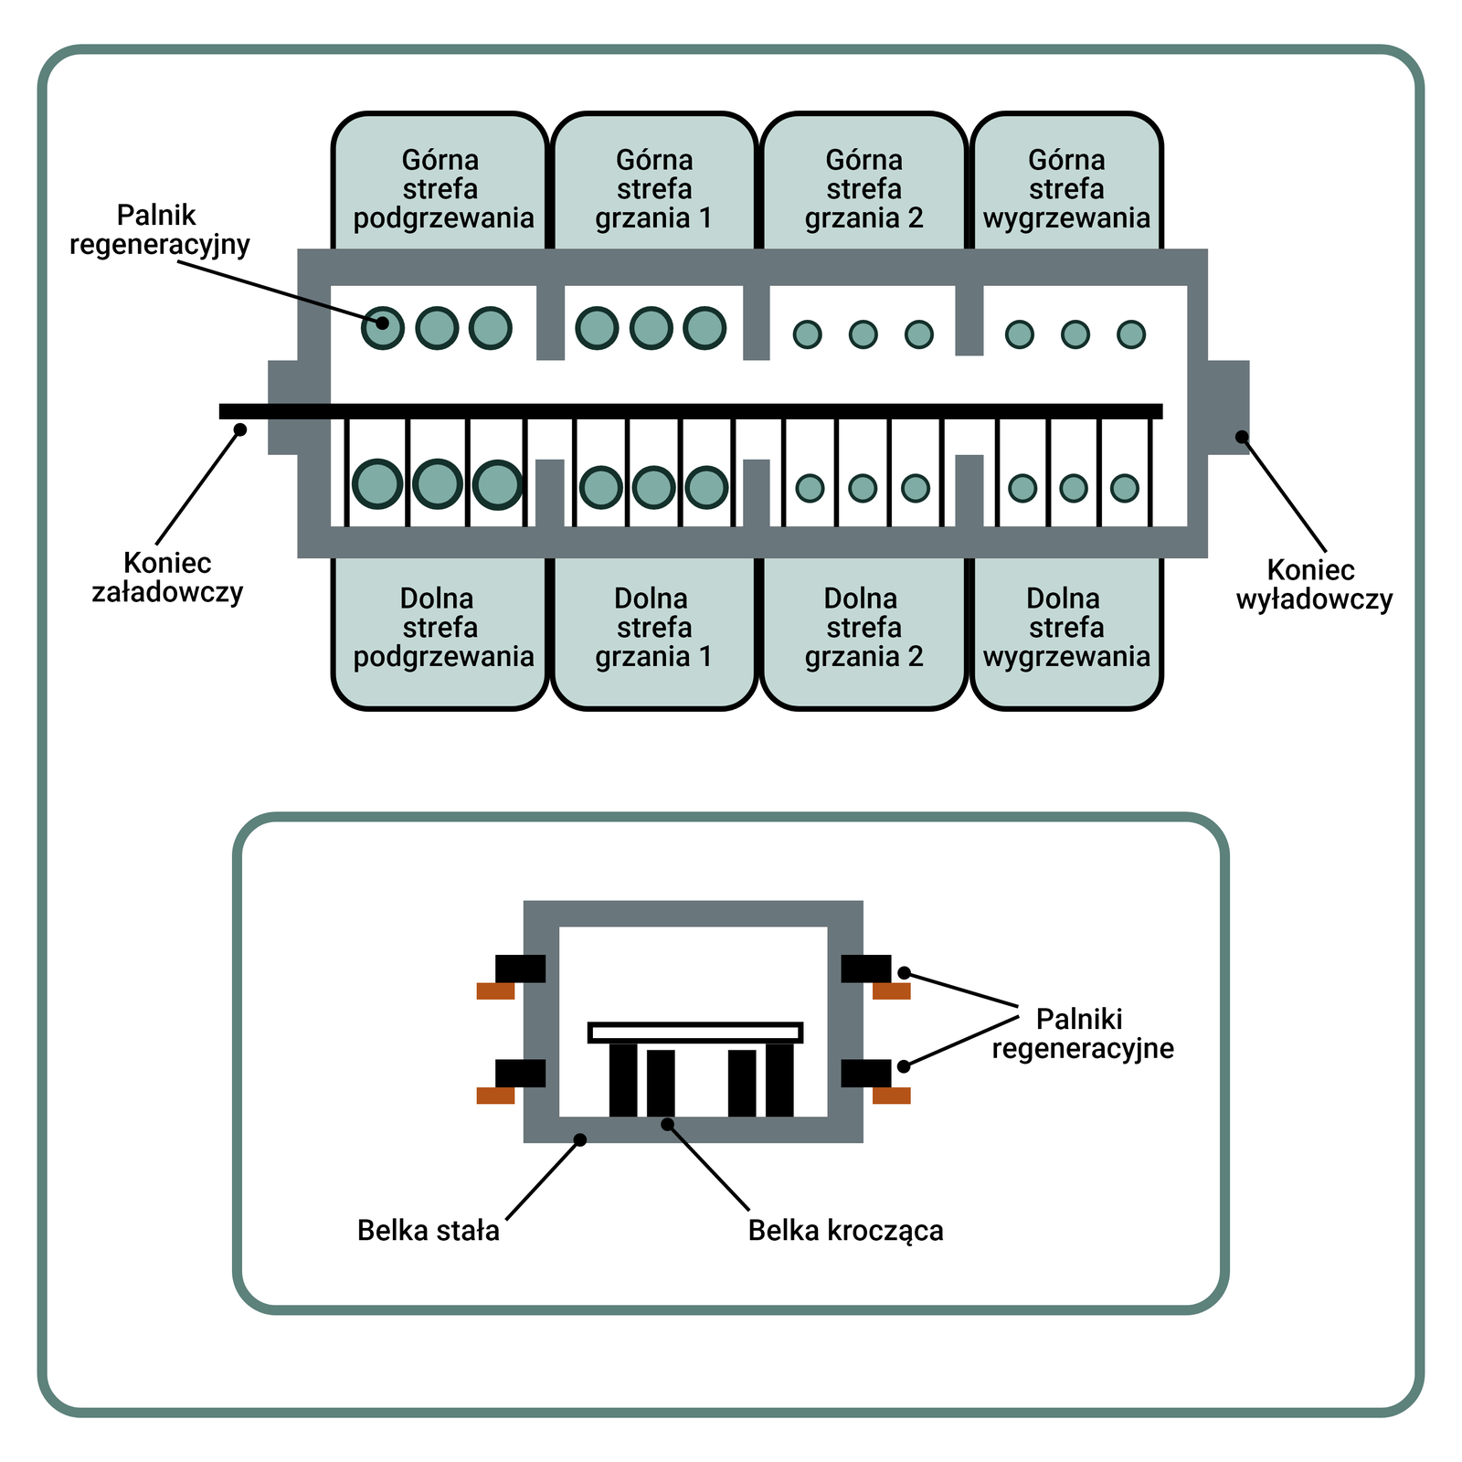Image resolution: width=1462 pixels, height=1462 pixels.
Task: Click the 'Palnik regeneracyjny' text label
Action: (x=159, y=229)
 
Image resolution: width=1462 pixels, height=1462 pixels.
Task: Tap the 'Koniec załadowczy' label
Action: (x=167, y=577)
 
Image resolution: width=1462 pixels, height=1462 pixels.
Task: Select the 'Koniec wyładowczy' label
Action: (x=1313, y=585)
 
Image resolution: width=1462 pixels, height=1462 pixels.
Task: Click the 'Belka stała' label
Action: (x=428, y=1230)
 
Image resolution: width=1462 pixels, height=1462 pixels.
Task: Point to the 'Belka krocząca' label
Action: (x=845, y=1230)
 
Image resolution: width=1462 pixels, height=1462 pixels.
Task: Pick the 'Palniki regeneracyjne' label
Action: (x=1082, y=1033)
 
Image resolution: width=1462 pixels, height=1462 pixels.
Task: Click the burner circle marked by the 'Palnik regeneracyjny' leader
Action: (x=383, y=325)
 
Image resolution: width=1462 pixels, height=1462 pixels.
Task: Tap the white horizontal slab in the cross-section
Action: (x=695, y=1033)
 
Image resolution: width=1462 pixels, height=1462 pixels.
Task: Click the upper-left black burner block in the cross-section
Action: (x=520, y=969)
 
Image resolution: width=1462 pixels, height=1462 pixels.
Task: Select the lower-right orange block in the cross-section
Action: (x=892, y=1096)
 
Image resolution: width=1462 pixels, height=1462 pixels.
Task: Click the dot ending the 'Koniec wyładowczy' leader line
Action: (x=1242, y=437)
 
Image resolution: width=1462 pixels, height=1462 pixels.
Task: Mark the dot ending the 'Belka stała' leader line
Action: (x=579, y=1139)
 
